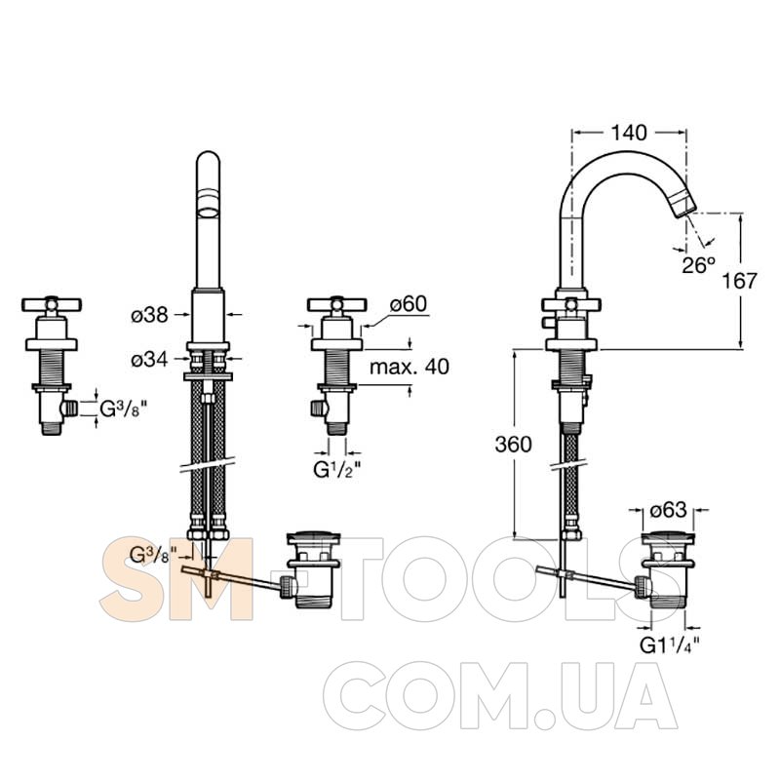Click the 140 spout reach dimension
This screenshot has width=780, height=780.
tap(629, 133)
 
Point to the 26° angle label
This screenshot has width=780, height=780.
tap(698, 265)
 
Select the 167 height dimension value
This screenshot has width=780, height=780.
tap(740, 281)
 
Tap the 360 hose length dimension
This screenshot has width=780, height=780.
tap(514, 445)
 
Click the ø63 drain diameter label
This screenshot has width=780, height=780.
tap(668, 510)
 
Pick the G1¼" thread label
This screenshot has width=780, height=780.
tap(670, 645)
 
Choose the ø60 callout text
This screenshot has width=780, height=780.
tap(409, 304)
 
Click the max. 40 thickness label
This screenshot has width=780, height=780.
tap(409, 368)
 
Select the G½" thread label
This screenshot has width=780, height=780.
tap(336, 470)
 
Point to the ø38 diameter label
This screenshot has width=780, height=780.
tap(150, 315)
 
